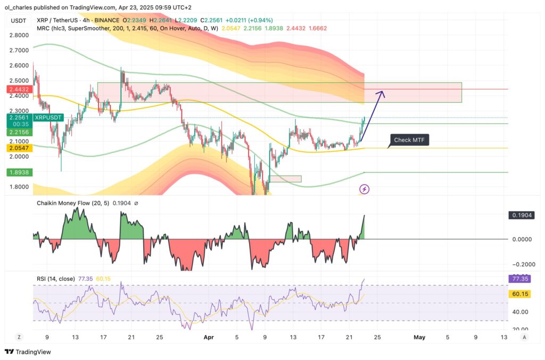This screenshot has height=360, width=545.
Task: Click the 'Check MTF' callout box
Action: tap(409, 140)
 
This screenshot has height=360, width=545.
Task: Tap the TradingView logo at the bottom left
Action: tap(28, 352)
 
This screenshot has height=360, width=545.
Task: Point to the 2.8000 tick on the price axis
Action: tap(19, 35)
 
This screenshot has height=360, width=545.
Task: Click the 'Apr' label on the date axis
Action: tap(207, 337)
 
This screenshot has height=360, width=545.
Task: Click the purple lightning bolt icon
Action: tap(365, 189)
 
